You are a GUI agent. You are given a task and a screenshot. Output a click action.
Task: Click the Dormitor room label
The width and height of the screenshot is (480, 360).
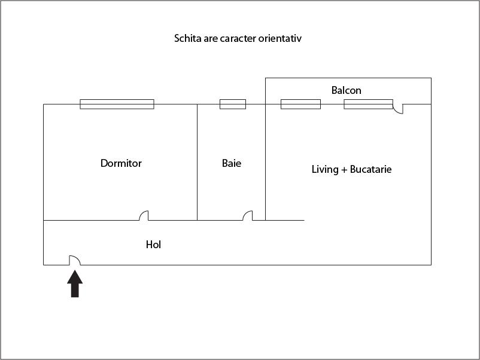(121, 163)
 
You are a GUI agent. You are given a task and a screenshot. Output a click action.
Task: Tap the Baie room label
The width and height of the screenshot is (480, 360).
(232, 163)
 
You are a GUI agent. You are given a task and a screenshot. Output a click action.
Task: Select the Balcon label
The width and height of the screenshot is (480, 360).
(346, 90)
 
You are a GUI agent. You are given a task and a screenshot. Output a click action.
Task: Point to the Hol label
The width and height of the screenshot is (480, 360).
(153, 245)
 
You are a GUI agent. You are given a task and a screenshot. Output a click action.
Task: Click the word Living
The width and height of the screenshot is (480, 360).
(325, 169)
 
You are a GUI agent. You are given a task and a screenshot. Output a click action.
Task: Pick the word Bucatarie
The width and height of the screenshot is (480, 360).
(370, 169)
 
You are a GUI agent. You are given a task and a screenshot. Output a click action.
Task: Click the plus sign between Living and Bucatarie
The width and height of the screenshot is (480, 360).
(344, 170)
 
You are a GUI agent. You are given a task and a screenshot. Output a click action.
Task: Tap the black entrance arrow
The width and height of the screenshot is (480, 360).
(75, 283)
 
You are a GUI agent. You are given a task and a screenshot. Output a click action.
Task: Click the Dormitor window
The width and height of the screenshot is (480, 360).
(117, 104)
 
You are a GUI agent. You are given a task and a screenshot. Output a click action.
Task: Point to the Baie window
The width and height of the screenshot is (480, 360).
(233, 104)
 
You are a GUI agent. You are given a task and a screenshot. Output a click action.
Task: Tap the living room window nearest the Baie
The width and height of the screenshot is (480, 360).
(300, 104)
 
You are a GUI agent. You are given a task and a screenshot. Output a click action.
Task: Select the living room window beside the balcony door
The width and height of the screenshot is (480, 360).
(368, 104)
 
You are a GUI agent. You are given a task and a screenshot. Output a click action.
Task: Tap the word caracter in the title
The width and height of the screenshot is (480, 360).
(238, 38)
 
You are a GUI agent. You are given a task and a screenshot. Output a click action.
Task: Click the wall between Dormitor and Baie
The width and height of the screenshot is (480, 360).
(197, 162)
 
